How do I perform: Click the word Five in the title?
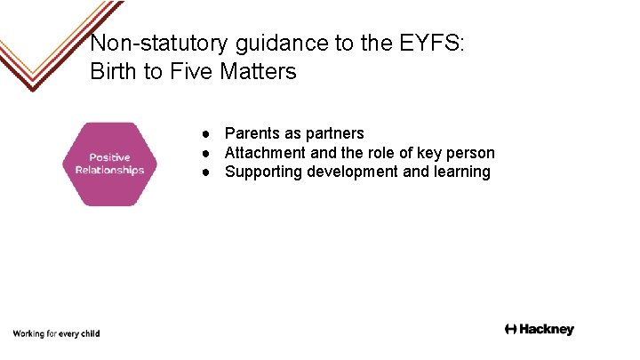click(190, 72)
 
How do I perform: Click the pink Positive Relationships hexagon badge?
click(109, 164)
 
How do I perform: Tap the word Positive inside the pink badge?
click(109, 157)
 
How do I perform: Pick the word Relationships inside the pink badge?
click(109, 170)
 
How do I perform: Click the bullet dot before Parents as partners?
click(205, 134)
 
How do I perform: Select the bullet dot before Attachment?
click(205, 154)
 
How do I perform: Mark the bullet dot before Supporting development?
click(205, 172)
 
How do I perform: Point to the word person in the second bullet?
click(470, 154)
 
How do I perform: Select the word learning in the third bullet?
click(461, 172)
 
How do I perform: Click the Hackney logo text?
click(547, 330)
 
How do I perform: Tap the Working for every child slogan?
click(56, 334)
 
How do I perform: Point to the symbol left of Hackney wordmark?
click(510, 330)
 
